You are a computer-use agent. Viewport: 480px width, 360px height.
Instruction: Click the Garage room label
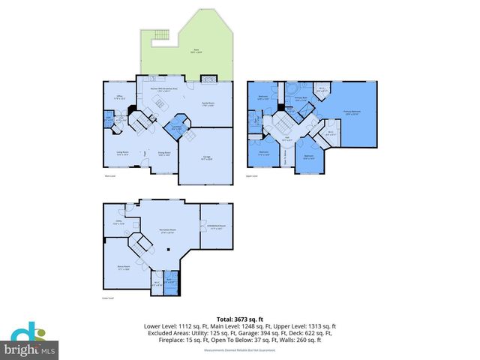pos(206,157)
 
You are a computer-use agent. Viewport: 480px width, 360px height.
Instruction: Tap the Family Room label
pos(208,104)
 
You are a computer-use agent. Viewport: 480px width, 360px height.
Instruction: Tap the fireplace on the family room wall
pos(211,77)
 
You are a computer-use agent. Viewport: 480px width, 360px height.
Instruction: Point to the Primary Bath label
pos(301,98)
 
